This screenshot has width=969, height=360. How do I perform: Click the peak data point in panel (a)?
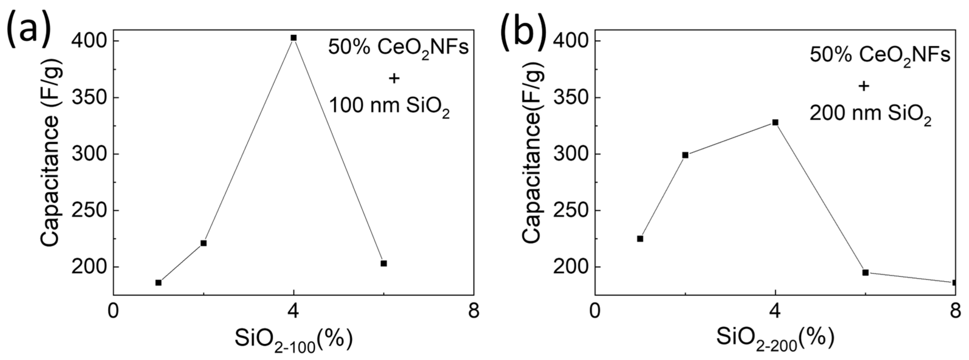coord(293,38)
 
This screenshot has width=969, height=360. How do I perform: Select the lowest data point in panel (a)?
coord(158,283)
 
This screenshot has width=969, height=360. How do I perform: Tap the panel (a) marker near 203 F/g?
coord(384,263)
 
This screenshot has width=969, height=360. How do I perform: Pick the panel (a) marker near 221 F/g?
coord(203,243)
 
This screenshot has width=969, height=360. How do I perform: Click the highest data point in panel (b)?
coord(775,122)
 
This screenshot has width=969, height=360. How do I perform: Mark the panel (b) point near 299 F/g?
coord(685,155)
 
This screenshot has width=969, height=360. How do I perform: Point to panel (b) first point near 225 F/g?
coord(640,239)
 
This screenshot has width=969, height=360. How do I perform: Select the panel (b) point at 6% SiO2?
coord(866,272)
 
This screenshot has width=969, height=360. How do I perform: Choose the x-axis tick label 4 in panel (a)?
coord(293,311)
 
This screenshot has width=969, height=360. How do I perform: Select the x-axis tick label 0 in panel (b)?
coord(595,311)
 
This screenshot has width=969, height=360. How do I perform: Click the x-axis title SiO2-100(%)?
coord(293,340)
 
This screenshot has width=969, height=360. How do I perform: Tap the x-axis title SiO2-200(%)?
coord(775,340)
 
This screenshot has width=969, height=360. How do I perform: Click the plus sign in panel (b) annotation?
coord(864,87)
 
